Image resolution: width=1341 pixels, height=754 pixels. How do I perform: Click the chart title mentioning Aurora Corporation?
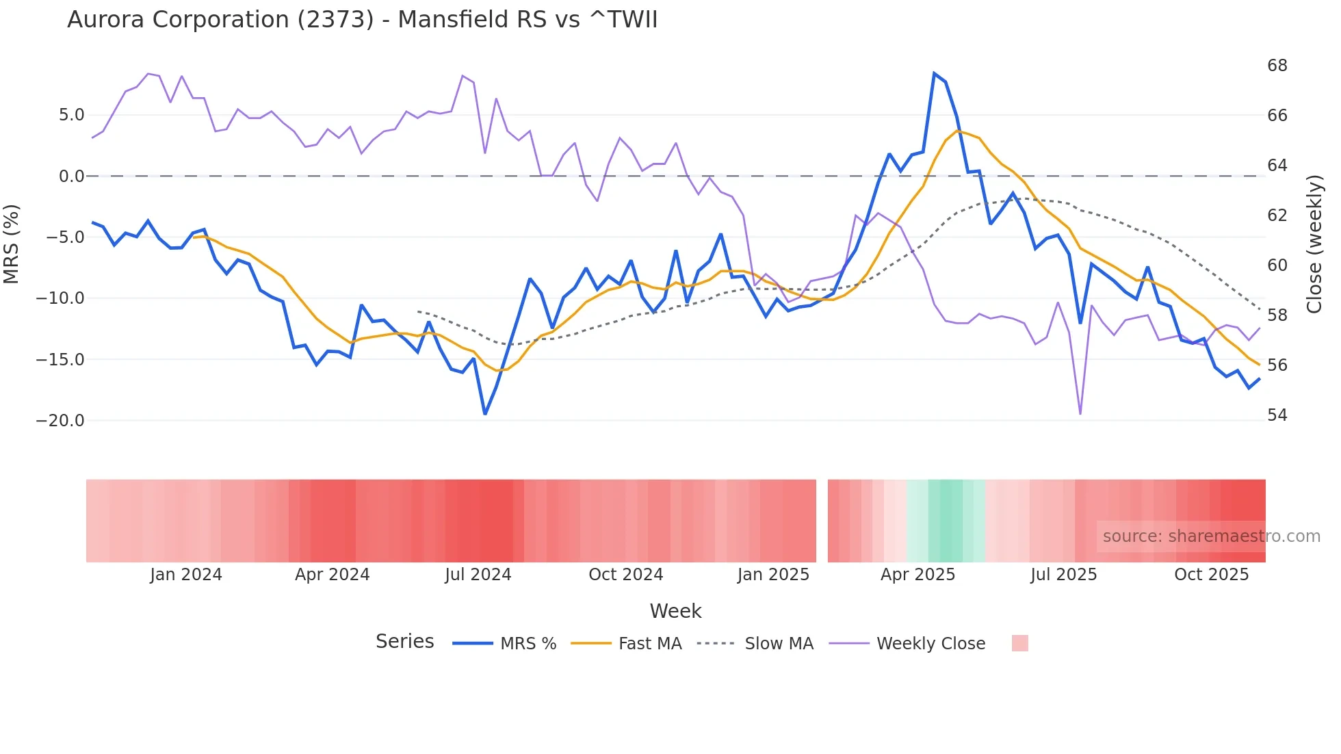click(362, 20)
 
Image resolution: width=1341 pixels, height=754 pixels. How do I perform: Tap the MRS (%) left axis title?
click(12, 244)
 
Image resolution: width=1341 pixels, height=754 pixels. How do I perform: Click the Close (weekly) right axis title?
click(1314, 244)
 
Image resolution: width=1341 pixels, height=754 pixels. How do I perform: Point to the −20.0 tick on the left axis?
click(60, 421)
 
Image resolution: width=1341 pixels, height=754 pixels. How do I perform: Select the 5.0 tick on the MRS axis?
click(71, 115)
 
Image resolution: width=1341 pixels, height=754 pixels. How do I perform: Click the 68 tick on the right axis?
click(1277, 66)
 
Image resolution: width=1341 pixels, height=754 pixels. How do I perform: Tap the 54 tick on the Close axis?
click(1277, 415)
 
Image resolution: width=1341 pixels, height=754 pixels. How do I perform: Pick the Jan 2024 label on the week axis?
click(186, 575)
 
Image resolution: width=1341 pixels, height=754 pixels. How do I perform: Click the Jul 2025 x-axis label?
click(1063, 575)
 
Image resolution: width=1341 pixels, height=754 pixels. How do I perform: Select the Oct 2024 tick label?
click(625, 575)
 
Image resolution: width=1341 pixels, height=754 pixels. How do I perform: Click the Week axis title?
click(675, 611)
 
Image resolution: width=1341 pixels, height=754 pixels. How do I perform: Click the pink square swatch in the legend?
click(1019, 643)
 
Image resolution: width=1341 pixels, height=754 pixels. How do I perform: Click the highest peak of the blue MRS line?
click(934, 73)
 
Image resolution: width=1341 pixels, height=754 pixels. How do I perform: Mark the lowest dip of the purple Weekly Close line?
click(1080, 413)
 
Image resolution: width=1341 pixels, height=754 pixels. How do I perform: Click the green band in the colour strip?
click(946, 521)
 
